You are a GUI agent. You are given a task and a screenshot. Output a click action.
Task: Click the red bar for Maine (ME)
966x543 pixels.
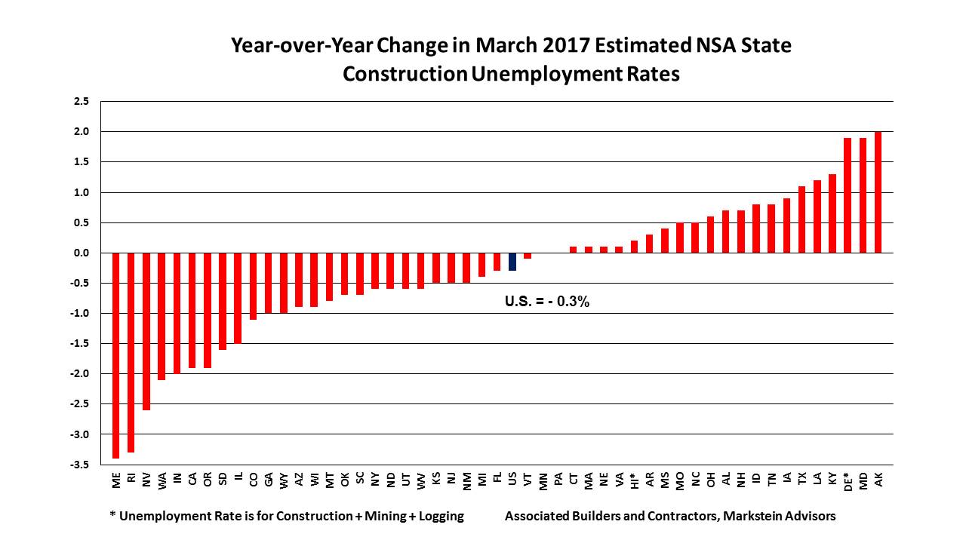point(116,354)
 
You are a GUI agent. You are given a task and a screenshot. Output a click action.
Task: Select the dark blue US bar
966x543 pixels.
point(512,261)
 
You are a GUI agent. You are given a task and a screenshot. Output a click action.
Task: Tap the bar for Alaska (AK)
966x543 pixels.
point(878,192)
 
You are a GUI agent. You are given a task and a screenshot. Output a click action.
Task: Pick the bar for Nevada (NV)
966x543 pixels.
point(146,331)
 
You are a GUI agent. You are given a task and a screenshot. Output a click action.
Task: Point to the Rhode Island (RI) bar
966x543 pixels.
point(131,351)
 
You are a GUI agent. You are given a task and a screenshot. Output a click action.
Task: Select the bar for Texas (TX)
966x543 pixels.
point(801,219)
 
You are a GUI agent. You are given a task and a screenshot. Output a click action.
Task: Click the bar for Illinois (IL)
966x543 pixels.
point(238,298)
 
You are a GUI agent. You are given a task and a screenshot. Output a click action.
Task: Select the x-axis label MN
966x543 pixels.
point(543,480)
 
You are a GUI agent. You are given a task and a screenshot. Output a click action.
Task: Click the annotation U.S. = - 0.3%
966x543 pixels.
point(546,302)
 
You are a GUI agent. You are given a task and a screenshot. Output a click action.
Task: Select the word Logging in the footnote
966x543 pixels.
point(438,516)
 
